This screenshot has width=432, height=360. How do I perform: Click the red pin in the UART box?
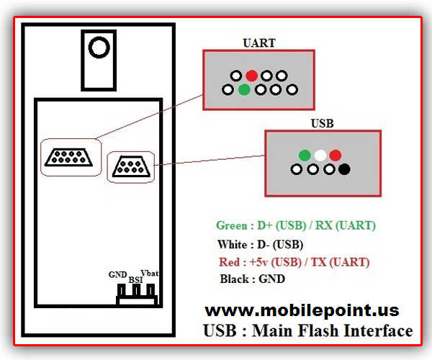click(251, 76)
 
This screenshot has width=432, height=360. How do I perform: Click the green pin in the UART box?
click(244, 89)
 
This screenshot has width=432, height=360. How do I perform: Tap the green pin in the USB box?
click(305, 156)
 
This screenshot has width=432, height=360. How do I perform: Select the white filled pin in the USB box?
click(320, 156)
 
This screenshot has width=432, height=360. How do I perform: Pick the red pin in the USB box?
click(336, 156)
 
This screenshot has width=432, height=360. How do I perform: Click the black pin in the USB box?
click(344, 169)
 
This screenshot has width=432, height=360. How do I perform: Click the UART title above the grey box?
click(259, 43)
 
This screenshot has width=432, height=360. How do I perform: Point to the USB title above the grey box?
click(322, 123)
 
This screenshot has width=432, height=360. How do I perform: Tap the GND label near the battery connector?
click(117, 274)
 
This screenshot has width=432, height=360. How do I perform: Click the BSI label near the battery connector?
click(135, 280)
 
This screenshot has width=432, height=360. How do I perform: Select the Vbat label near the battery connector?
click(150, 273)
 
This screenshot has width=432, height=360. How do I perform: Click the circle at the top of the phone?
click(99, 48)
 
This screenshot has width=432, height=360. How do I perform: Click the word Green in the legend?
click(232, 225)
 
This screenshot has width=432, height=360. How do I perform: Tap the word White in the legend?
click(233, 245)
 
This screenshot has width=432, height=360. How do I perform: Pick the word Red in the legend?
click(229, 262)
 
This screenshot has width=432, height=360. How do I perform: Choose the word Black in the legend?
click(235, 279)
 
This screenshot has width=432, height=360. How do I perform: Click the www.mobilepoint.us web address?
click(302, 311)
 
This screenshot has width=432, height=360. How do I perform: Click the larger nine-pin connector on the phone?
click(68, 157)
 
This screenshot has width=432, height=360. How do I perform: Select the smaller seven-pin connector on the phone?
click(131, 166)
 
